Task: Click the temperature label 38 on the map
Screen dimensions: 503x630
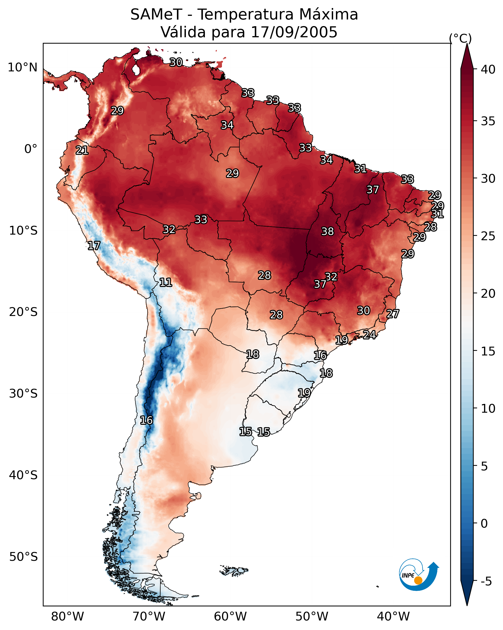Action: pyautogui.click(x=327, y=231)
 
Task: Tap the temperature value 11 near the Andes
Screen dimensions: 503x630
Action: pyautogui.click(x=165, y=282)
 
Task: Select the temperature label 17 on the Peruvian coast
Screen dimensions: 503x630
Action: pyautogui.click(x=94, y=246)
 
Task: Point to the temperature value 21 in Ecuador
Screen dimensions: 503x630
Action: pyautogui.click(x=82, y=151)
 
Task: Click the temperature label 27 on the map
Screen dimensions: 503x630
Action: pyautogui.click(x=393, y=314)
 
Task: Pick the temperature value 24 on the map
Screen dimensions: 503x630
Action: pyautogui.click(x=369, y=334)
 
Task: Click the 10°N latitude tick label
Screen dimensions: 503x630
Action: pyautogui.click(x=22, y=67)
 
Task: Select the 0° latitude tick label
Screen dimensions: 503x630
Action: pyautogui.click(x=31, y=149)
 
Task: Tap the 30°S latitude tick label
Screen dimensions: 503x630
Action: pyautogui.click(x=23, y=394)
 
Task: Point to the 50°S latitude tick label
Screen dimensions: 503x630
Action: pyautogui.click(x=23, y=557)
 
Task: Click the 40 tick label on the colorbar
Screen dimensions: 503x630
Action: pyautogui.click(x=488, y=69)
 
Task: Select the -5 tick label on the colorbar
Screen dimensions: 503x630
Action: pyautogui.click(x=486, y=581)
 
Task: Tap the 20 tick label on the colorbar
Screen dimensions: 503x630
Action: pyautogui.click(x=488, y=293)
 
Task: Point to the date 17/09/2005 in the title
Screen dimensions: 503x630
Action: pyautogui.click(x=294, y=32)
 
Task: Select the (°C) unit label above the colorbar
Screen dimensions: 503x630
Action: pyautogui.click(x=460, y=38)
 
